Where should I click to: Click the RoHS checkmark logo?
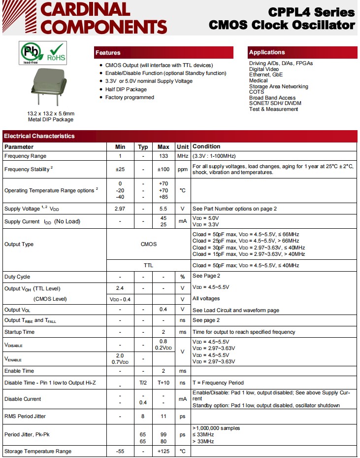pos(56,53)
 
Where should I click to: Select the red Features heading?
pos(108,53)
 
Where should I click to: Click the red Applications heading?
pos(267,52)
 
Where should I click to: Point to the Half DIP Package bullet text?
pos(126,89)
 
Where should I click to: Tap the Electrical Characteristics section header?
pos(39,136)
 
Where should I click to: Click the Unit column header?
pos(183,147)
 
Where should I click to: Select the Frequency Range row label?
pos(25,156)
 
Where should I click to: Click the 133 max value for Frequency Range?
pos(164,156)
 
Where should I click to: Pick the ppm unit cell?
pos(183,169)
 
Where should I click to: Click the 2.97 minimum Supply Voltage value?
pos(120,209)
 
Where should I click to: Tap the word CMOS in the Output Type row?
pos(148,244)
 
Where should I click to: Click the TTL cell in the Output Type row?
pos(148,265)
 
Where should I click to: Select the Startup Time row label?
pos(20,332)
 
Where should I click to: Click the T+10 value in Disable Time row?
pos(164,383)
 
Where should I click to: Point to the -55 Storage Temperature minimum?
pos(120,452)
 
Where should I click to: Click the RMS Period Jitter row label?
pos(25,417)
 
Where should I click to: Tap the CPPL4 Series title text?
pos(311,12)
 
